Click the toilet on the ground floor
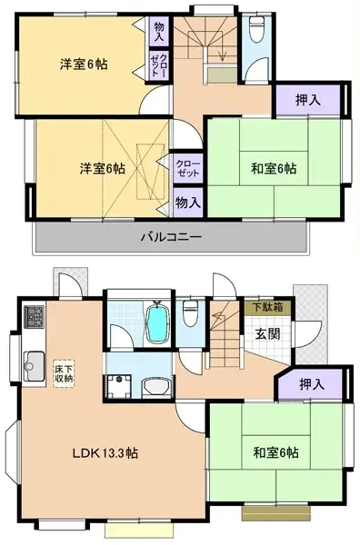coord(191,314)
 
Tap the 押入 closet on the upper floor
coord(308,98)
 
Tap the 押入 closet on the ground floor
coord(314,385)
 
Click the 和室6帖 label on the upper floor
coord(272,168)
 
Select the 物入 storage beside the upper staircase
coord(159,32)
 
